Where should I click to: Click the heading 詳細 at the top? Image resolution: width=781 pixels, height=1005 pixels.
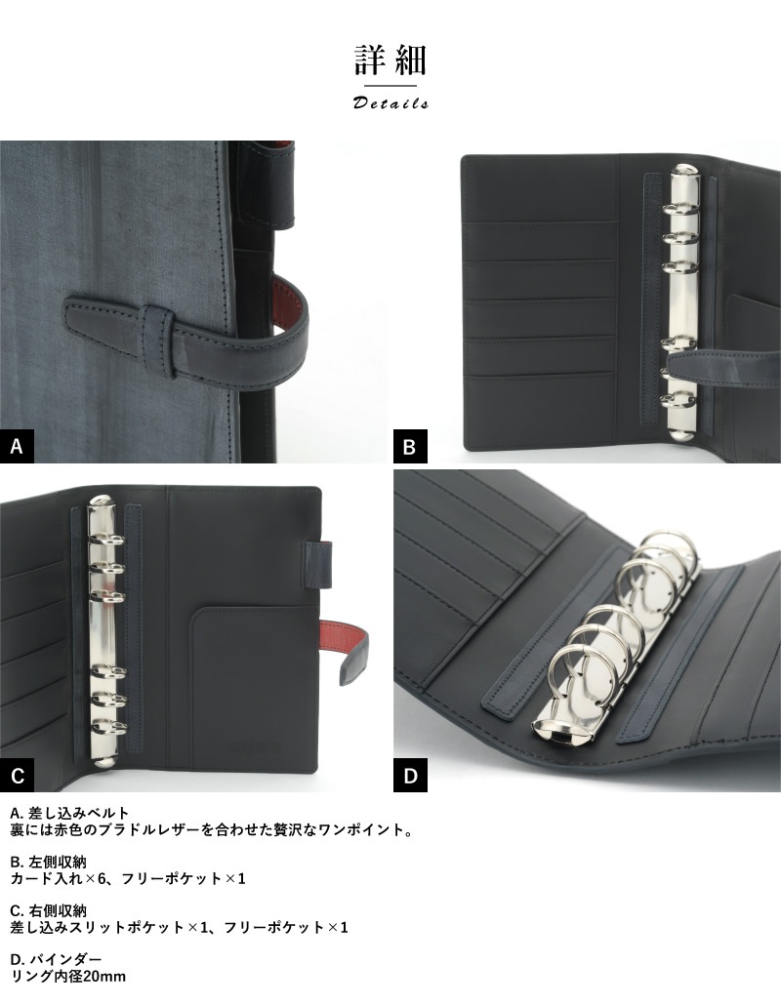click(390, 60)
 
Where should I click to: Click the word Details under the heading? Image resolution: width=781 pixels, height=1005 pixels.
click(390, 103)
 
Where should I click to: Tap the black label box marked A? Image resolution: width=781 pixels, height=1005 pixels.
click(17, 446)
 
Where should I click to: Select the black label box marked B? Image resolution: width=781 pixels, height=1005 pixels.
click(410, 446)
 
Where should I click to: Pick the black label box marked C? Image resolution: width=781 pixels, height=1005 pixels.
click(17, 776)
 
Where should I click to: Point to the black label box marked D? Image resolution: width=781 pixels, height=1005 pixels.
click(410, 776)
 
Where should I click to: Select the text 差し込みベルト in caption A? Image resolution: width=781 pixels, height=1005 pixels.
click(79, 814)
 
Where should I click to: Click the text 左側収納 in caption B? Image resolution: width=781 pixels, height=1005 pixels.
click(57, 863)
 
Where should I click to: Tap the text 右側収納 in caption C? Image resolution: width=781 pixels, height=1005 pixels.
click(57, 910)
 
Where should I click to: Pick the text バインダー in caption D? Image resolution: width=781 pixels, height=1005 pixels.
click(65, 959)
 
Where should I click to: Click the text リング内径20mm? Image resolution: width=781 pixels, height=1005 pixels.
click(68, 977)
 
